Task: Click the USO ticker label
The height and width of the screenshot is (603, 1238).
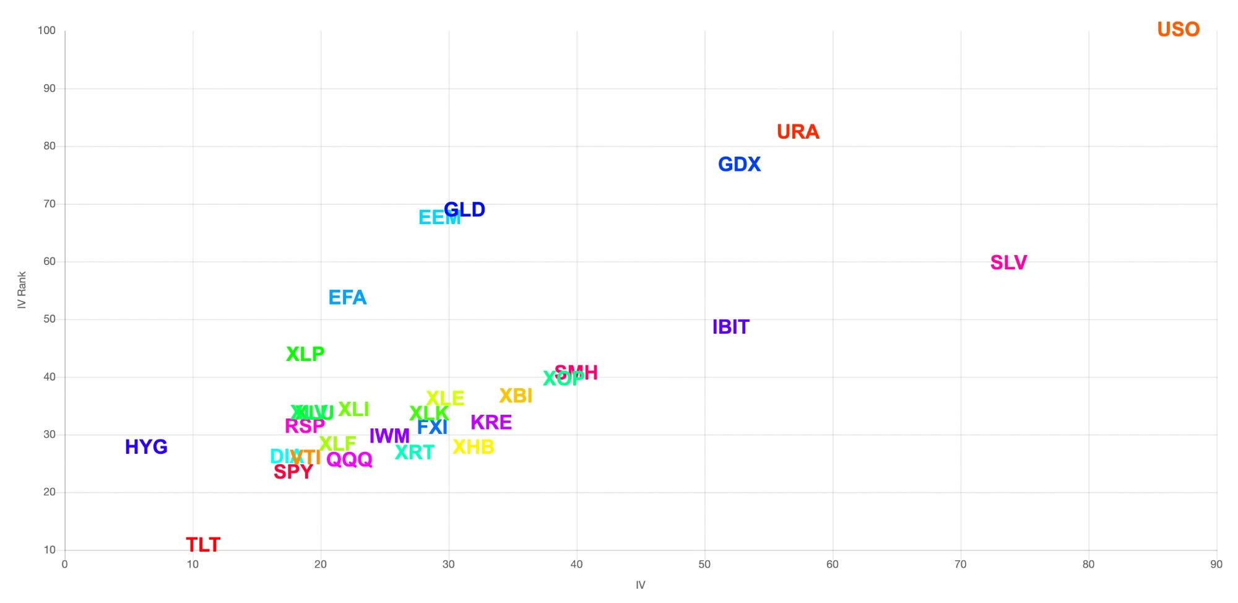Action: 1178,30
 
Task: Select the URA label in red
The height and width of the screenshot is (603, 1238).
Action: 798,132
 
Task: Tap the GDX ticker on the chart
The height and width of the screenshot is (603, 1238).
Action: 739,164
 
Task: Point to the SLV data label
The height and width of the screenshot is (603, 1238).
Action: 1008,262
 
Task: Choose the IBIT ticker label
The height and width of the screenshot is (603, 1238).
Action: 730,327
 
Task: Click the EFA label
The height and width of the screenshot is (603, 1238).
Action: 347,298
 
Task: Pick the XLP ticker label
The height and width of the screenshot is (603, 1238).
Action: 305,354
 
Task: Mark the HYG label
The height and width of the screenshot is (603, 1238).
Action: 146,447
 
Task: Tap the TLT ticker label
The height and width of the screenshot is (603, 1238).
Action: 203,545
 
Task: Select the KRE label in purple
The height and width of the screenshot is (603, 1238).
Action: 491,422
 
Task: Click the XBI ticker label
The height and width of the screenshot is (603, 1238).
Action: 516,396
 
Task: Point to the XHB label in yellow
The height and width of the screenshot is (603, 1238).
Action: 474,447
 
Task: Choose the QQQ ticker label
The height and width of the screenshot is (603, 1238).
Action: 349,459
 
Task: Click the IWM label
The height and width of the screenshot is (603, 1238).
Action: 389,436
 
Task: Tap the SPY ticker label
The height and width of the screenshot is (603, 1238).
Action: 293,472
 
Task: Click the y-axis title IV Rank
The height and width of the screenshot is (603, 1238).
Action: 22,290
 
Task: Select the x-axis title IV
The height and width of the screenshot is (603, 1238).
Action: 640,585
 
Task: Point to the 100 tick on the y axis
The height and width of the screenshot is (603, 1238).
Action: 46,30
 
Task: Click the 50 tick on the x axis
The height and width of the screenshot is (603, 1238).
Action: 704,564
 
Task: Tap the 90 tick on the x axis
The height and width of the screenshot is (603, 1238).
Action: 1216,564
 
